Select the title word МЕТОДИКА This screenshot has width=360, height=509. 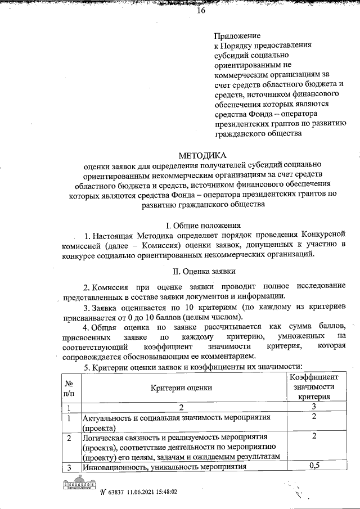pyautogui.click(x=202, y=155)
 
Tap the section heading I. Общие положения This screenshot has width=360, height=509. pyautogui.click(x=202, y=224)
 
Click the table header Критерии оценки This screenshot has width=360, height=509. pyautogui.click(x=181, y=388)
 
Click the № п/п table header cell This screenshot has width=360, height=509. pyautogui.click(x=69, y=388)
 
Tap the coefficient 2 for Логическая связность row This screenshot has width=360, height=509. pyautogui.click(x=314, y=436)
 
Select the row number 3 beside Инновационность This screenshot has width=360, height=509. pyautogui.click(x=69, y=466)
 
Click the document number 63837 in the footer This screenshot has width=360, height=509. pyautogui.click(x=116, y=491)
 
